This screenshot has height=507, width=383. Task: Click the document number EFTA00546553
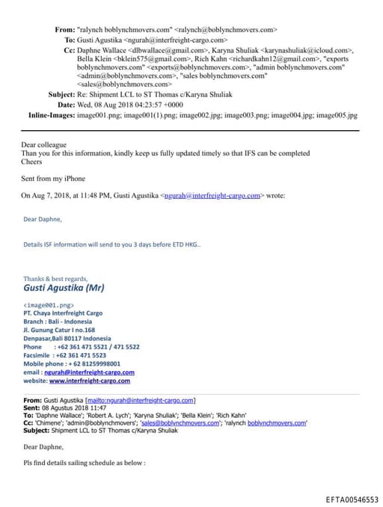click(352, 499)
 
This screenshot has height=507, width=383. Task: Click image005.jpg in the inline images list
click(337, 116)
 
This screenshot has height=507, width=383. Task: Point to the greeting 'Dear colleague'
click(44, 144)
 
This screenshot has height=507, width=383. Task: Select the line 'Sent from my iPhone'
click(52, 179)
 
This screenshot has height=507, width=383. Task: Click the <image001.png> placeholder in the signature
click(49, 305)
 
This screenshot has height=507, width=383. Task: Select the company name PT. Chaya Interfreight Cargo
click(63, 313)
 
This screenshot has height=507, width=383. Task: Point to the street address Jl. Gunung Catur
click(59, 330)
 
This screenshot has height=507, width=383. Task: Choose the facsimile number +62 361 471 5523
click(81, 355)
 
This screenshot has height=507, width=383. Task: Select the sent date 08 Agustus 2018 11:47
click(76, 408)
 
